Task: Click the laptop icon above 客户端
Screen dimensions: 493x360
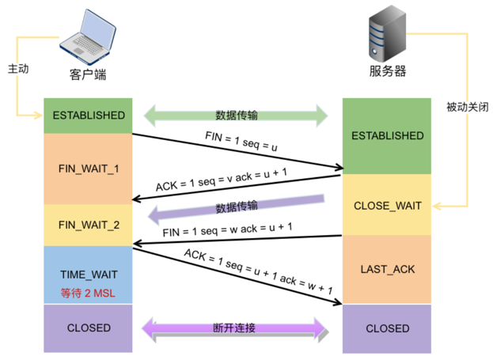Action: coord(87,37)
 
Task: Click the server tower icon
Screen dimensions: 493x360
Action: coord(388,33)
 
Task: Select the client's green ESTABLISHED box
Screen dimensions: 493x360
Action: coord(88,116)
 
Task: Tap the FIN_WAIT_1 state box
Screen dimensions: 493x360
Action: coord(88,169)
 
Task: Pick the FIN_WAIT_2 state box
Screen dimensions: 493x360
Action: coord(88,225)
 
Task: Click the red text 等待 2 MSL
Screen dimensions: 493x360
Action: coord(88,293)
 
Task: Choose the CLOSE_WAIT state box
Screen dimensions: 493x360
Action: coord(387,205)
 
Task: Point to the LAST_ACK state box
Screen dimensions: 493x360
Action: coord(387,270)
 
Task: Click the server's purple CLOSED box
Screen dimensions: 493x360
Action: coord(387,328)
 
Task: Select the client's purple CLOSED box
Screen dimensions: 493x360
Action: coord(88,328)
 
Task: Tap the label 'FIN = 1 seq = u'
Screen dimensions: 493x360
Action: coord(241,142)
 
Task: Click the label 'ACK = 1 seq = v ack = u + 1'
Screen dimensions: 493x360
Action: coord(222,180)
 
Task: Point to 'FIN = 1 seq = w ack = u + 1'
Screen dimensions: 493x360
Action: coord(227,229)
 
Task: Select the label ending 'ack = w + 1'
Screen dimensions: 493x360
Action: coord(258,271)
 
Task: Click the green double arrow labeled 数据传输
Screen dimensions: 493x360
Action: coord(236,116)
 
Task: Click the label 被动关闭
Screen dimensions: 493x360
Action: coord(468,108)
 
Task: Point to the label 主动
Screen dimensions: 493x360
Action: coord(18,69)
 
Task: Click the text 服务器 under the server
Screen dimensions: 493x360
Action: coord(388,71)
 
